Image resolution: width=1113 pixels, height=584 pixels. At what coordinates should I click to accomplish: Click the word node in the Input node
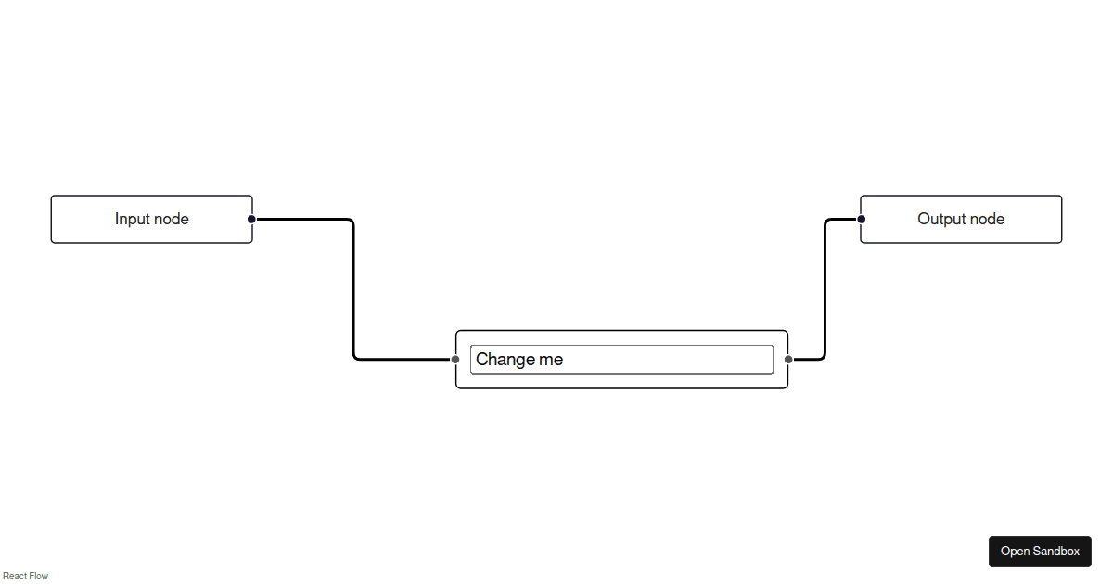pyautogui.click(x=172, y=219)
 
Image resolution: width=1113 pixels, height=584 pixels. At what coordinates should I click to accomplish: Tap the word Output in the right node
pyautogui.click(x=939, y=219)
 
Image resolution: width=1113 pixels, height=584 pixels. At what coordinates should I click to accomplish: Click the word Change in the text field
pyautogui.click(x=505, y=360)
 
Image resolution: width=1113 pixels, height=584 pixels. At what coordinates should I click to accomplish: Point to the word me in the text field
pyautogui.click(x=551, y=360)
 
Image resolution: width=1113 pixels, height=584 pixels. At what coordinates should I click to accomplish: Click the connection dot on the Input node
pyautogui.click(x=251, y=219)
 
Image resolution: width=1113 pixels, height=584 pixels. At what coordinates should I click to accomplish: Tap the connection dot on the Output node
pyautogui.click(x=861, y=219)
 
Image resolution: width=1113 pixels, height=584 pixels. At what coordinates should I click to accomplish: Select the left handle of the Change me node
pyautogui.click(x=455, y=359)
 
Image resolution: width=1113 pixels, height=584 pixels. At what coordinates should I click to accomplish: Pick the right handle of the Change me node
pyautogui.click(x=788, y=359)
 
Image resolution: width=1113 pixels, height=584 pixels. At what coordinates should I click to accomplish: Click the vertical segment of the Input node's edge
pyautogui.click(x=353, y=289)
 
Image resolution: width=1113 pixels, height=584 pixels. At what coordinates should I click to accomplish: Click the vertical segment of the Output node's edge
pyautogui.click(x=825, y=289)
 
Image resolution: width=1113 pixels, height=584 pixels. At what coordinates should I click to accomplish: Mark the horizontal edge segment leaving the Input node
pyautogui.click(x=302, y=219)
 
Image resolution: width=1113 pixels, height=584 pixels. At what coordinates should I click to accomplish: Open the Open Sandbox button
pyautogui.click(x=1040, y=552)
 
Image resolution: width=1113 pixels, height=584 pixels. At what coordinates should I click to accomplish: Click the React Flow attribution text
pyautogui.click(x=25, y=576)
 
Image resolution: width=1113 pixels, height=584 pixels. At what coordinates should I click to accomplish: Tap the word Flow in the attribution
pyautogui.click(x=39, y=576)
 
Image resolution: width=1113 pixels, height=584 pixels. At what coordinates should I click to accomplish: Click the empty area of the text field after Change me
pyautogui.click(x=668, y=360)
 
